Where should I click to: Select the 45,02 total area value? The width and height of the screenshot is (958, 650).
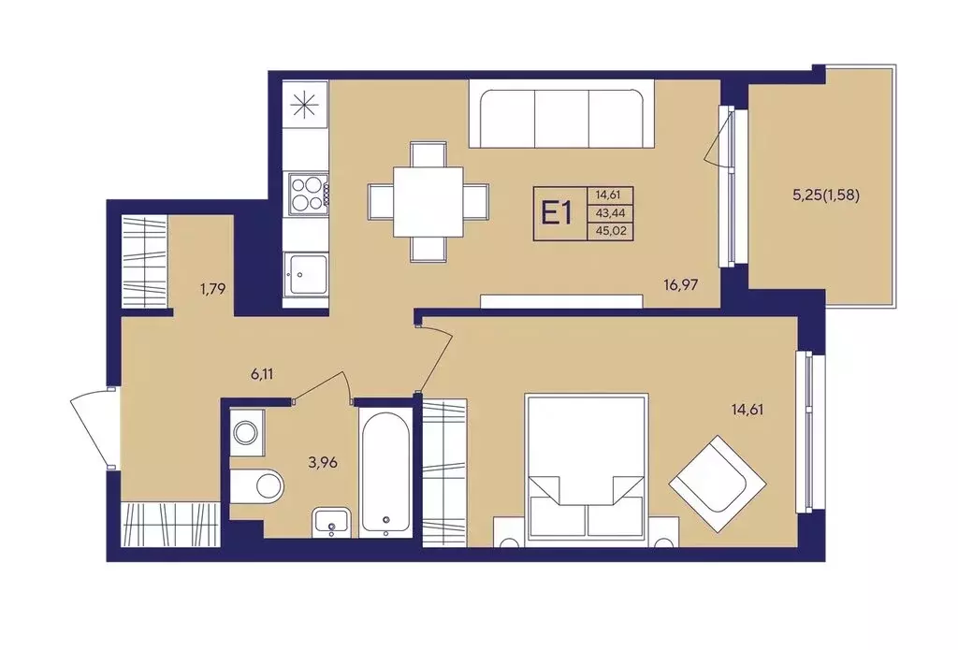coord(610,232)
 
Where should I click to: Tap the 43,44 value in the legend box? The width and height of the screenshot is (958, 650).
coord(610,213)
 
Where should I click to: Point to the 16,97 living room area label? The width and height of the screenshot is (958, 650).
coord(681,284)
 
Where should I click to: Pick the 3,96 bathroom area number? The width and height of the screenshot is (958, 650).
coord(323,462)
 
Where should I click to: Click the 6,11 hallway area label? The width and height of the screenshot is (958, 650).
coord(262,374)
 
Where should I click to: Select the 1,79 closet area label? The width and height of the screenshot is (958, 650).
coord(212,288)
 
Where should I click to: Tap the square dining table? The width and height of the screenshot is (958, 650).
coord(428,202)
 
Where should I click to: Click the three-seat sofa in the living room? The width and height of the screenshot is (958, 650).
coord(561,117)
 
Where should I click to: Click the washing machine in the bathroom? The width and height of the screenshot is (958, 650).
coord(247,432)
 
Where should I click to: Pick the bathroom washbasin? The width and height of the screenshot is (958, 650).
coord(332,523)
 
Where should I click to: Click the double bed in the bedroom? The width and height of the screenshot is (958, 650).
coord(586,467)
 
